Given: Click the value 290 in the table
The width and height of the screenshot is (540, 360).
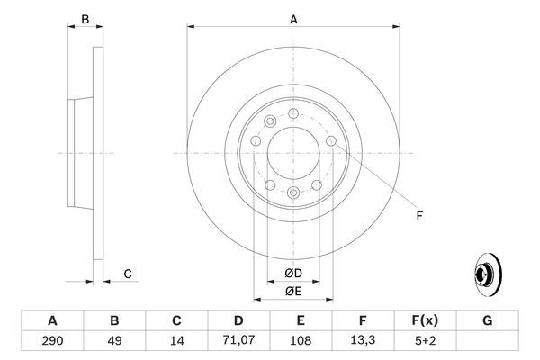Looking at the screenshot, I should [52, 342].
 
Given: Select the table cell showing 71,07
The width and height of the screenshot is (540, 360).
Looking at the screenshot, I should [238, 342].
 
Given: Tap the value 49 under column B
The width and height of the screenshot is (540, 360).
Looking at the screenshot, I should [114, 342].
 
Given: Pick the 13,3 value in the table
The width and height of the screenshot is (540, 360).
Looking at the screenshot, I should [363, 342].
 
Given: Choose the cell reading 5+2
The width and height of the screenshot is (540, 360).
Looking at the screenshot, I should [425, 342].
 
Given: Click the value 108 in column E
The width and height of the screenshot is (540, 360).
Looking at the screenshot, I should [301, 342].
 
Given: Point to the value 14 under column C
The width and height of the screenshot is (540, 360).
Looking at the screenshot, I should [176, 342].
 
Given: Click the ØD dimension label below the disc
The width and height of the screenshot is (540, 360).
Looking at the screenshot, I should [293, 273].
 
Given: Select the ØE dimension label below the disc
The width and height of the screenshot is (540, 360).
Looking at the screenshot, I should [293, 292].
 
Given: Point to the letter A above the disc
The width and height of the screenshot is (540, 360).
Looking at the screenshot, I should [293, 18].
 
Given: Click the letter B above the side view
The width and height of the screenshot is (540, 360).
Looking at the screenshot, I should [85, 18].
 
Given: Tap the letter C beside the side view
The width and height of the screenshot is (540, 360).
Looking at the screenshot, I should [128, 274].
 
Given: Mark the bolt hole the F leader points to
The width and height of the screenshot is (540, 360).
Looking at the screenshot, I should [331, 140].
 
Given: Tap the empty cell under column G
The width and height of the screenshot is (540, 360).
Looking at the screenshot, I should [487, 342].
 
